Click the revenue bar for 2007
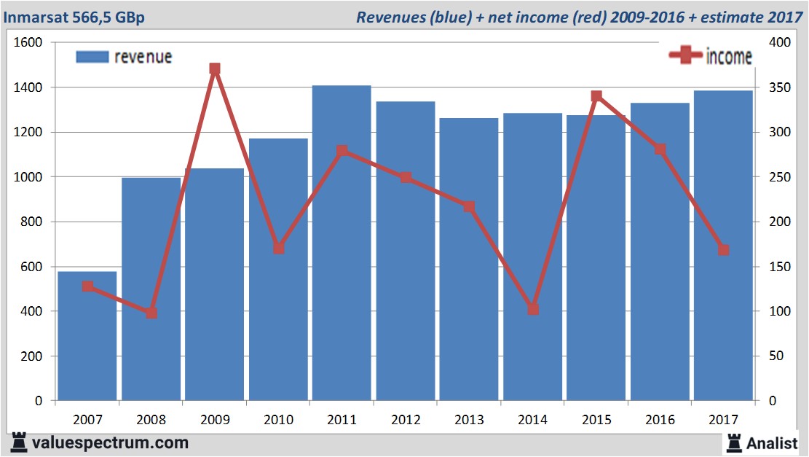[x=87, y=336]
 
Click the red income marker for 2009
[x=215, y=69]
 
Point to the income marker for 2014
[x=533, y=310]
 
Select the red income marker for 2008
[x=151, y=313]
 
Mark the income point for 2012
[x=406, y=178]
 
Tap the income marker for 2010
[x=279, y=249]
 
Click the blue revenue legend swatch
[x=92, y=57]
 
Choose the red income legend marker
[x=685, y=56]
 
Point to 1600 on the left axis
[x=28, y=43]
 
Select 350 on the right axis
[x=778, y=87]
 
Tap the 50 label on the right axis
[x=776, y=356]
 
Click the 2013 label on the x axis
[x=469, y=420]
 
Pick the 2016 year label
[x=660, y=420]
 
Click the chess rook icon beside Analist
[x=734, y=442]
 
